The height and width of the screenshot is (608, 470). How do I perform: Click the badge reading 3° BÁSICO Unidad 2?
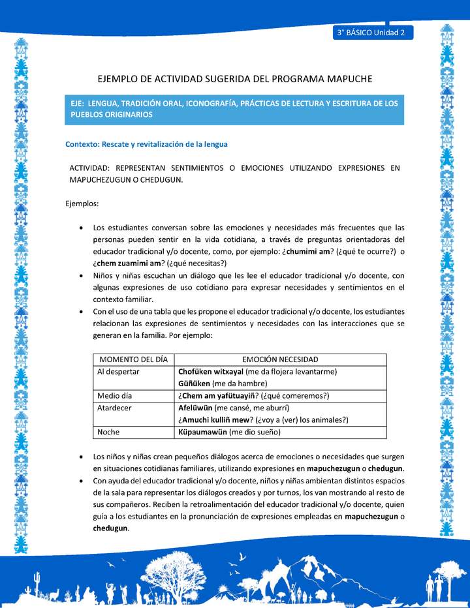pos(372,32)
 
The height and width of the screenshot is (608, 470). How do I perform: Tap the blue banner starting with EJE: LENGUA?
pos(234,109)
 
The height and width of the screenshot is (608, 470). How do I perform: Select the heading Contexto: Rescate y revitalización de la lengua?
pos(146,144)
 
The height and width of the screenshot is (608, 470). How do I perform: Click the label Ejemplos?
pos(82,204)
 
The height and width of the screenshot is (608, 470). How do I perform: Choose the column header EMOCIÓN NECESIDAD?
pos(280,359)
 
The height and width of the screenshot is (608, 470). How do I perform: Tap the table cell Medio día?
pos(116,396)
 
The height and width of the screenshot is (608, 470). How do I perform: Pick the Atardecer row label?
pos(116,408)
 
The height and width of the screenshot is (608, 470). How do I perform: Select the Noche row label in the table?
pos(108,432)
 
